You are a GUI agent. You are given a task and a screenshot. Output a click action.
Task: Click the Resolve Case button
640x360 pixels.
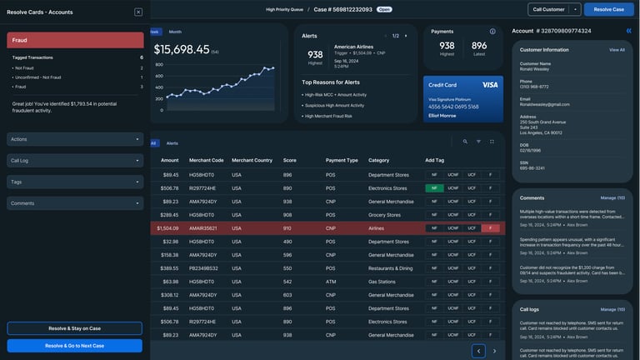coord(608,9)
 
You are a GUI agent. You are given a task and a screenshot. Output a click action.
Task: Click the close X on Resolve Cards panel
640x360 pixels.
coord(138,12)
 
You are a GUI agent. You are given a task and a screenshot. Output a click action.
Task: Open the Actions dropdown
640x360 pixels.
coord(75,139)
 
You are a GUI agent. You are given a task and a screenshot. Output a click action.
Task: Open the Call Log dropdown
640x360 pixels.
coord(75,160)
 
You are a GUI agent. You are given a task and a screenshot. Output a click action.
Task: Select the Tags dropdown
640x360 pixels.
coord(75,182)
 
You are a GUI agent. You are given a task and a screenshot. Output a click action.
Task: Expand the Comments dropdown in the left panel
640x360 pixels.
coord(75,202)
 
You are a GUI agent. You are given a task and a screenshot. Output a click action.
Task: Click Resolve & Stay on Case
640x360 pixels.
coord(75,328)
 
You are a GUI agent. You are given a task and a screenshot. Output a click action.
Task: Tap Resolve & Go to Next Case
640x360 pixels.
coord(75,345)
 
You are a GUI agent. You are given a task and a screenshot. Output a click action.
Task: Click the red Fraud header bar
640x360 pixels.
coord(75,40)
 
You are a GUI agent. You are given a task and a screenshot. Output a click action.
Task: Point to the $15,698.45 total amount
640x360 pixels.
coord(181,50)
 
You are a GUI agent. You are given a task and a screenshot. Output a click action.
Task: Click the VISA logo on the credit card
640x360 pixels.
coord(489,85)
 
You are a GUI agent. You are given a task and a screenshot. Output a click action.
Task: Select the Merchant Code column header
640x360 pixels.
coord(206,160)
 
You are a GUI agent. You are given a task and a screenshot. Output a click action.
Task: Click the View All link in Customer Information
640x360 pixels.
coord(616,50)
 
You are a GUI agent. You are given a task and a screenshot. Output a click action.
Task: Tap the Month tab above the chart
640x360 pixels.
coord(175,32)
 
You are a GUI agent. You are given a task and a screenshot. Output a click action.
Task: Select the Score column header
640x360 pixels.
coord(289,160)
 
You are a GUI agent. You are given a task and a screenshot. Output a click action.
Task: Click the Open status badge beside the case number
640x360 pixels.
coord(384,9)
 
